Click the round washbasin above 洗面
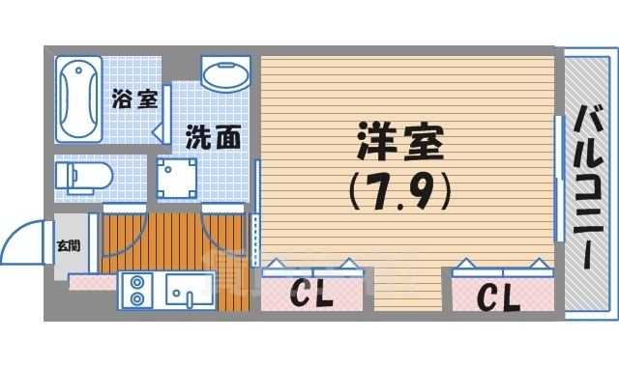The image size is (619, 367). click(x=228, y=74)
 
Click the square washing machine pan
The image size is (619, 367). click(x=178, y=179)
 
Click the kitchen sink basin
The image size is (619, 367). click(x=189, y=290)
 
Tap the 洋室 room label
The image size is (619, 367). click(x=399, y=144)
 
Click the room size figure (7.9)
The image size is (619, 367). click(x=399, y=190)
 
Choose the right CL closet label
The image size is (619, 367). click(x=496, y=296)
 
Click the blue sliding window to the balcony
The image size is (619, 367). click(x=557, y=180)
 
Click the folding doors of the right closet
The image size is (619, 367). click(x=499, y=267)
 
